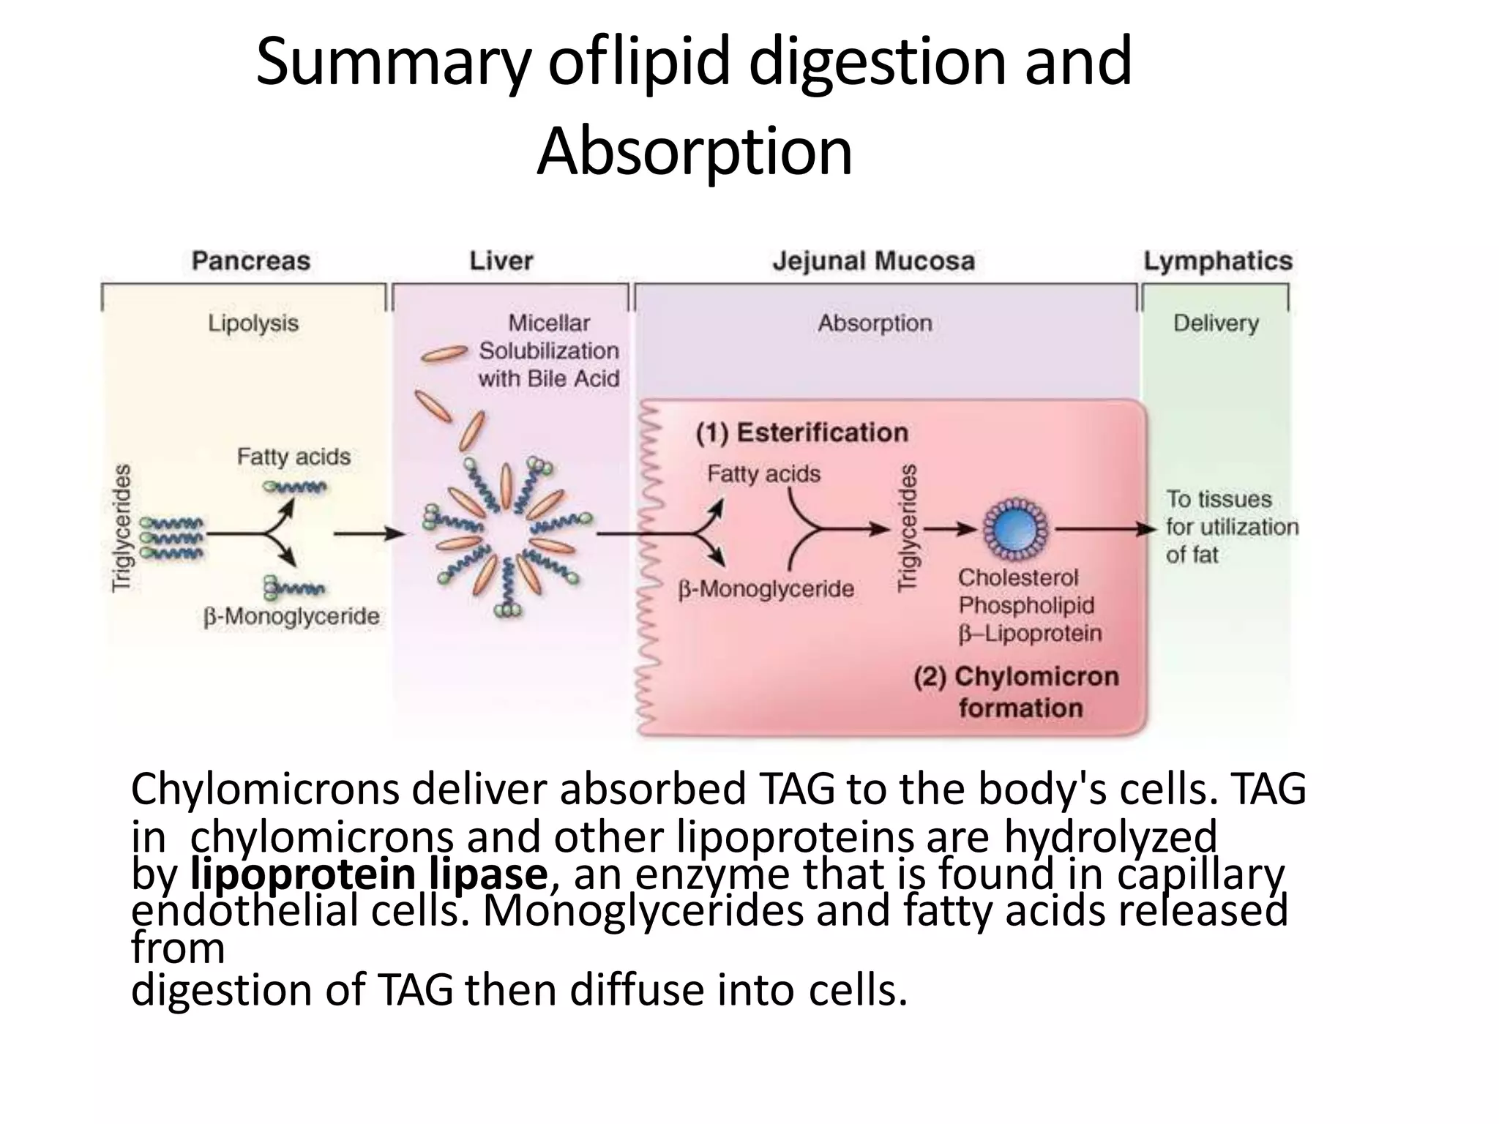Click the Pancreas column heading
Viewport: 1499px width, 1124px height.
click(x=251, y=261)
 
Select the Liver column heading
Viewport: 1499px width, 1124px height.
click(x=501, y=261)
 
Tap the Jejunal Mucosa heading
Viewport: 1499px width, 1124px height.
click(x=874, y=261)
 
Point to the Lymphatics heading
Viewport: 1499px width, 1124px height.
click(x=1218, y=261)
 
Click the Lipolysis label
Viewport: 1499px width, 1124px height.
click(x=253, y=323)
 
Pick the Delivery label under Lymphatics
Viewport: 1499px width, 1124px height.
click(x=1216, y=323)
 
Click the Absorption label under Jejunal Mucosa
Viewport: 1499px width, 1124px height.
click(x=875, y=323)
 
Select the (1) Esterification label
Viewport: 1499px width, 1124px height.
click(x=801, y=432)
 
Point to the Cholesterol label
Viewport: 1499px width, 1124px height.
click(x=1018, y=577)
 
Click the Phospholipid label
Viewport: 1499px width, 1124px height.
click(x=1026, y=605)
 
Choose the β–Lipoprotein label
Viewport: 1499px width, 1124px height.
click(x=1030, y=633)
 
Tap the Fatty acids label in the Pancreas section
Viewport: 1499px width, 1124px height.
click(x=294, y=457)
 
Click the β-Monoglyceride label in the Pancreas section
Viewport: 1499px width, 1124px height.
click(x=291, y=617)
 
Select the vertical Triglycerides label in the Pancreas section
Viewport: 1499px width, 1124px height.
click(x=122, y=528)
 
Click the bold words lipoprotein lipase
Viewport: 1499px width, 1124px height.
click(x=368, y=874)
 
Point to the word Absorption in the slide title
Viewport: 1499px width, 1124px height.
click(x=695, y=151)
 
